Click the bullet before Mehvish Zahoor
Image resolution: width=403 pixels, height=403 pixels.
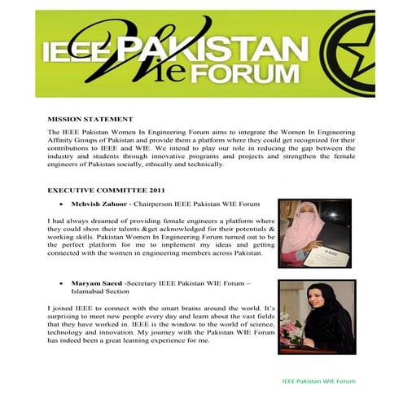click(63, 204)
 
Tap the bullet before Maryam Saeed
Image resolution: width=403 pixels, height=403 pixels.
click(63, 285)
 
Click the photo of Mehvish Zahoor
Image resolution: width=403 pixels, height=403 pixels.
click(315, 234)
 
